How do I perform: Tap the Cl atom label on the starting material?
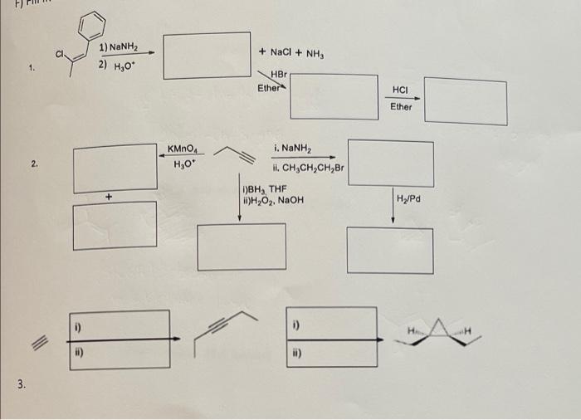click(x=59, y=55)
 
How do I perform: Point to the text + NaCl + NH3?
click(x=295, y=54)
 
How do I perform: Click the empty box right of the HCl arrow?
click(x=465, y=100)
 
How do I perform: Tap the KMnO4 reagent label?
click(x=182, y=149)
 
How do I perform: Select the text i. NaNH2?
click(x=291, y=149)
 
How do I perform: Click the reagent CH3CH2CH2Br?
click(x=306, y=167)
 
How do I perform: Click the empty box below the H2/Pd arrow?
click(x=389, y=250)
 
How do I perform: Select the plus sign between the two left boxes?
click(x=109, y=197)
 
